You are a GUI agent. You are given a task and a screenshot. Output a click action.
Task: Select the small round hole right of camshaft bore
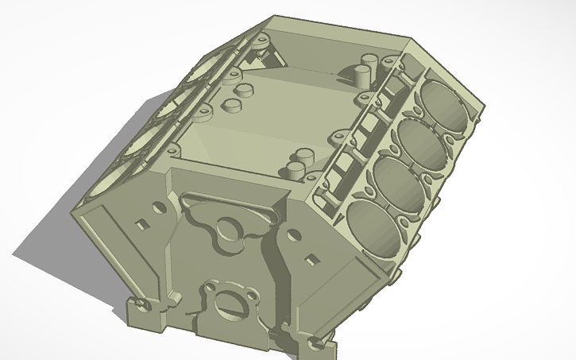292,234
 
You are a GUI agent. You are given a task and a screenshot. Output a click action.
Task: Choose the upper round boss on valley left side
232,90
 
